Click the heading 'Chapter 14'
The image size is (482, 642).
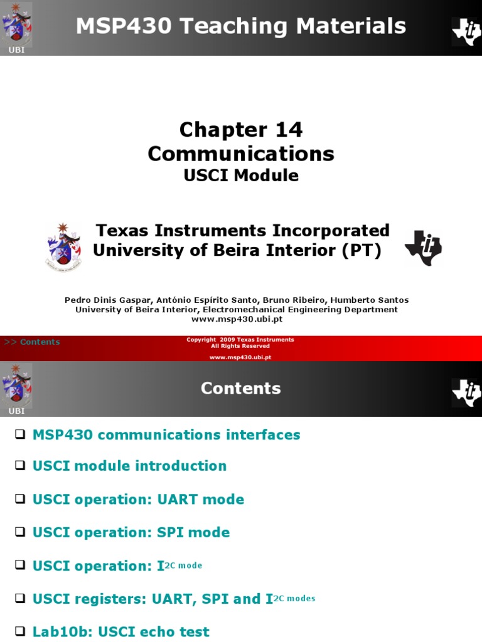click(241, 130)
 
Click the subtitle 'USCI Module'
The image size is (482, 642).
click(241, 176)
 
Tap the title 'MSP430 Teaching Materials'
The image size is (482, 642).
click(241, 26)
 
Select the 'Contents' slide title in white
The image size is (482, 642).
click(241, 389)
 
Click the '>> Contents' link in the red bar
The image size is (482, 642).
click(32, 342)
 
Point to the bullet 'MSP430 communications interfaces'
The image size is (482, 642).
click(166, 434)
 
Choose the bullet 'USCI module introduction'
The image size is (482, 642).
click(129, 466)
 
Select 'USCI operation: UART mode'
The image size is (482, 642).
click(138, 499)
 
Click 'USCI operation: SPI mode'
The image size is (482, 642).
click(131, 532)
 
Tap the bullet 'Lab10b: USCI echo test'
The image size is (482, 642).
click(121, 631)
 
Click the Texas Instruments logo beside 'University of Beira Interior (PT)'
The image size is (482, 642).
click(424, 247)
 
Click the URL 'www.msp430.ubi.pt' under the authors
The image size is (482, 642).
click(237, 319)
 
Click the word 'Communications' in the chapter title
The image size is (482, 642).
click(241, 154)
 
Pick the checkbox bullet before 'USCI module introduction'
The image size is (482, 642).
click(20, 466)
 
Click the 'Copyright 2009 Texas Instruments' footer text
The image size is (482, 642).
click(240, 340)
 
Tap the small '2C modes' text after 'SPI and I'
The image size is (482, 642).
click(294, 599)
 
